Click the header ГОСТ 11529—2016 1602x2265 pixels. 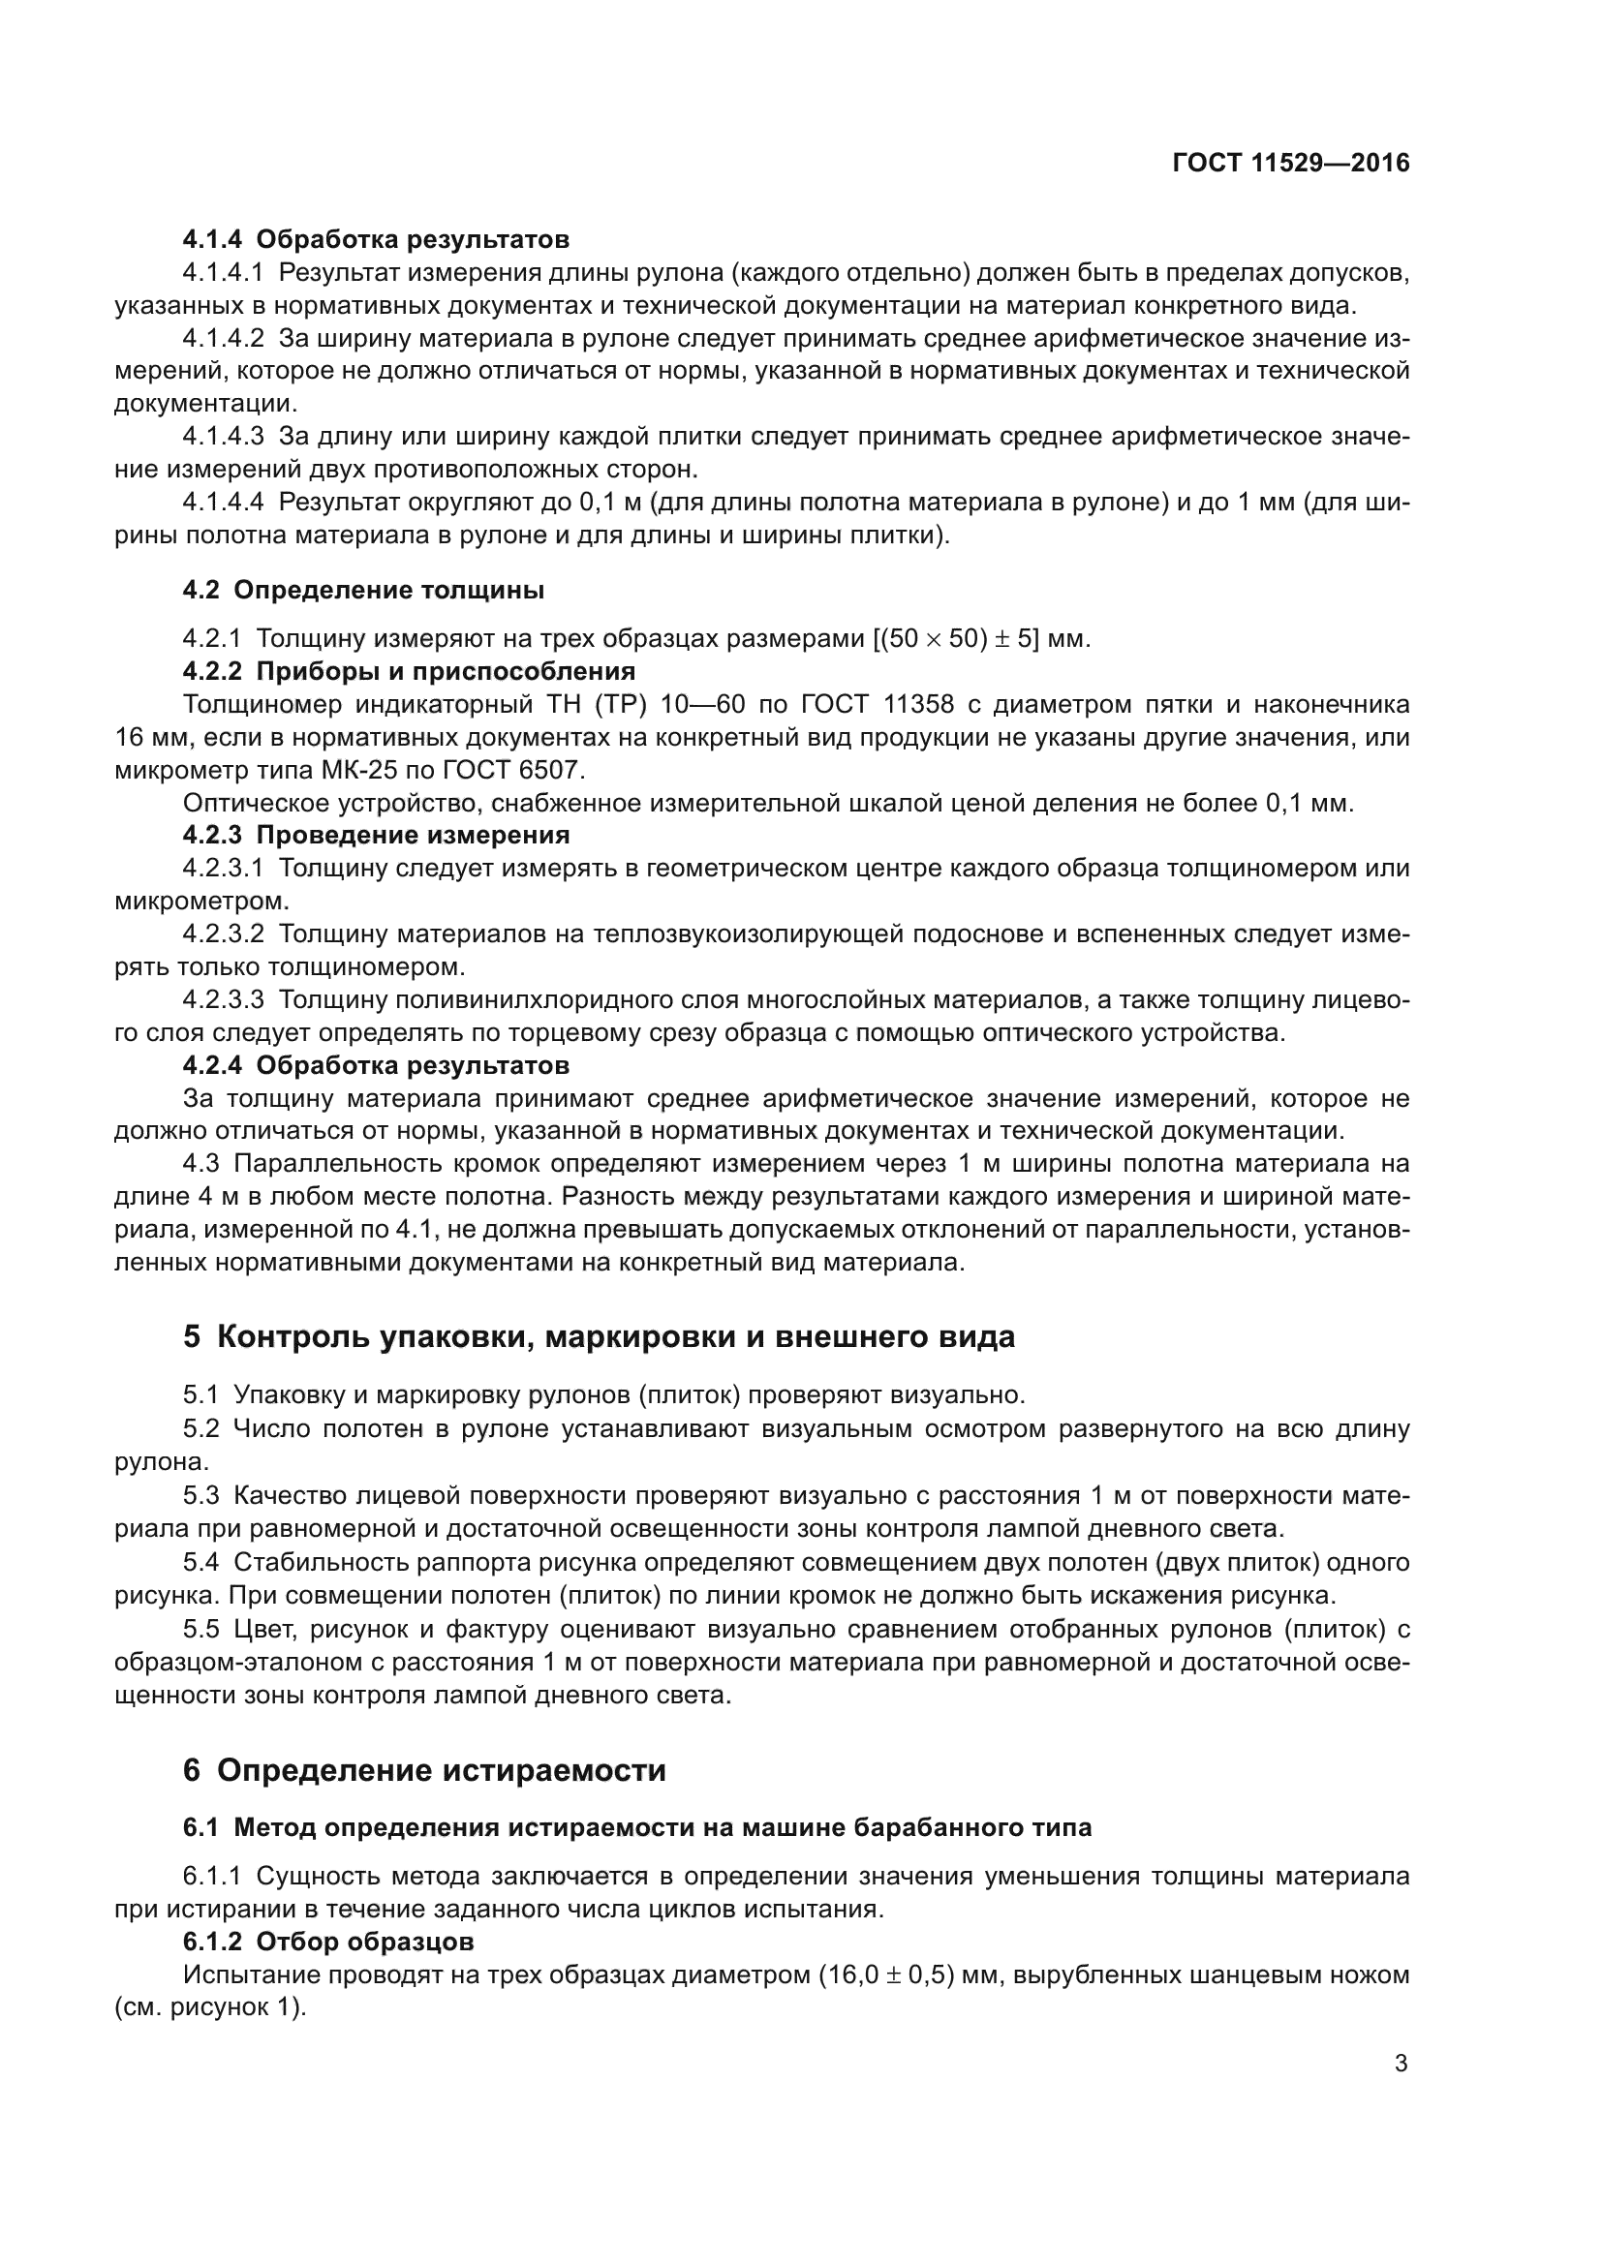pos(1291,164)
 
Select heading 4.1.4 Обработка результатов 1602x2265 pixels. pos(376,239)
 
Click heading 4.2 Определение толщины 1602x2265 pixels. pos(363,590)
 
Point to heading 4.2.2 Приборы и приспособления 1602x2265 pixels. pos(410,672)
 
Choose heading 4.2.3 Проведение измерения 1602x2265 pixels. pos(376,835)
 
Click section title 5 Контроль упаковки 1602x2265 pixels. pos(598,1336)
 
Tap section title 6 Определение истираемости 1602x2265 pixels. pos(424,1770)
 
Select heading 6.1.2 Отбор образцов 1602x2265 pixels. pos(328,1942)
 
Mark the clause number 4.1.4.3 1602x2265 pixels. pos(223,436)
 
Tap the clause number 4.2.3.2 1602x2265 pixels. pos(223,934)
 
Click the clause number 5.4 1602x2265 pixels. pos(200,1563)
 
